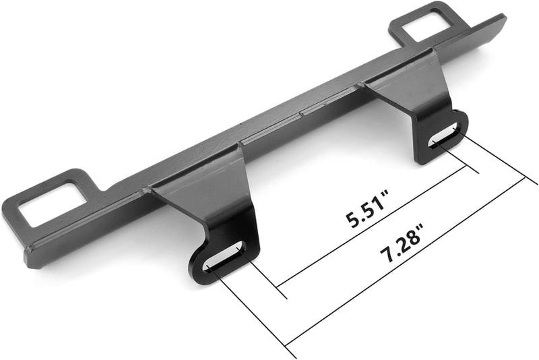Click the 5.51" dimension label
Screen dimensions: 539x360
click(x=367, y=209)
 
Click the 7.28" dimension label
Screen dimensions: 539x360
click(x=402, y=243)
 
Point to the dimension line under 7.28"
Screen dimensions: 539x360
click(x=406, y=262)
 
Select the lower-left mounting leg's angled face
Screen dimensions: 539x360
click(x=206, y=193)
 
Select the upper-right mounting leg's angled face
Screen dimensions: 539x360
click(x=409, y=86)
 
